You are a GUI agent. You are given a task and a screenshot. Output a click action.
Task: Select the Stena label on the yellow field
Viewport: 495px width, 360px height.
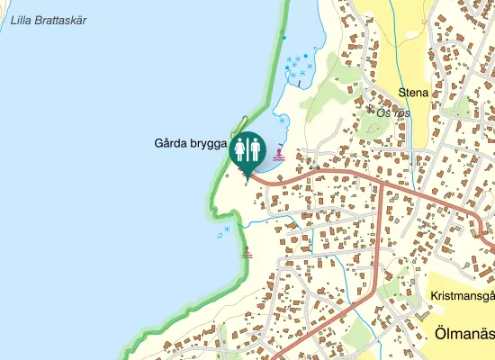pos(414,92)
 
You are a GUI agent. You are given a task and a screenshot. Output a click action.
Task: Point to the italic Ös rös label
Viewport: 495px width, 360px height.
pos(392,113)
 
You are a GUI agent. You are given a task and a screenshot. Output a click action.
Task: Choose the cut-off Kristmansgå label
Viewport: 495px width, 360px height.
pos(463,294)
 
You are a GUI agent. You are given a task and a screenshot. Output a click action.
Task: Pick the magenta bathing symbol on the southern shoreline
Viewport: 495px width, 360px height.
pos(247,255)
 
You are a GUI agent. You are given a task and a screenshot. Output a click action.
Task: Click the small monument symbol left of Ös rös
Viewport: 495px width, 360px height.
pos(370,108)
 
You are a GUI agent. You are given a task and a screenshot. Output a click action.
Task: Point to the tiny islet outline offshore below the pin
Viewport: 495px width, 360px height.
pos(220,235)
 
